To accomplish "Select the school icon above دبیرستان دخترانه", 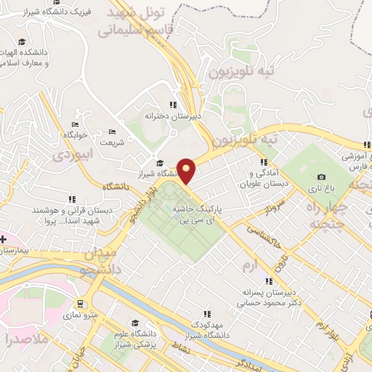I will [x=172, y=105].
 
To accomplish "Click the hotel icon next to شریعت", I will [x=110, y=132].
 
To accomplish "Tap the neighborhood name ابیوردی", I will [x=73, y=154].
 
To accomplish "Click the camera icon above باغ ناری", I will [x=322, y=177].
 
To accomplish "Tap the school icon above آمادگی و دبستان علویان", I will [x=266, y=161].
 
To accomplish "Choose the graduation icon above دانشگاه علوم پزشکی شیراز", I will [x=135, y=323].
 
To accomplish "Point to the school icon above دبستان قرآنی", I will [x=71, y=199].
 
